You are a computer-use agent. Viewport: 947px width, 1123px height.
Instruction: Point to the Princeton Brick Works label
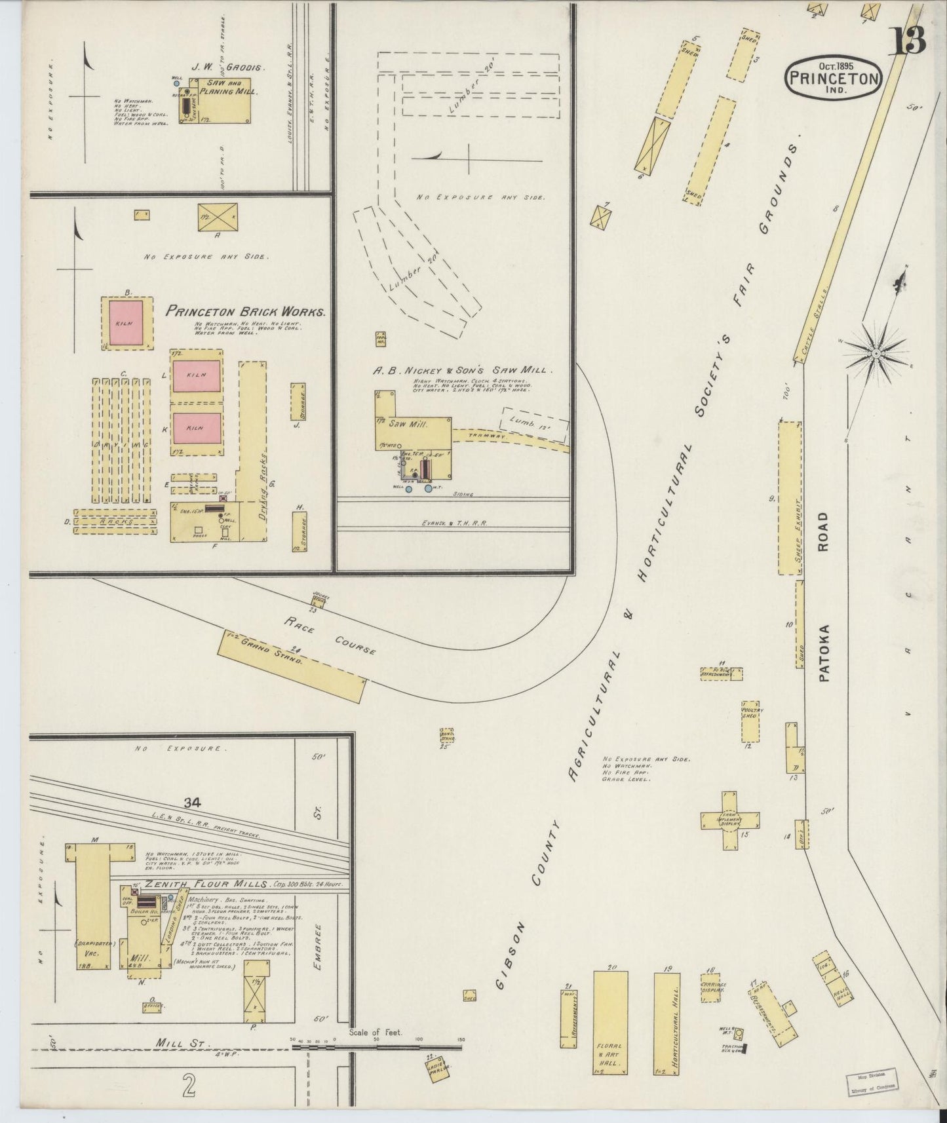click(245, 313)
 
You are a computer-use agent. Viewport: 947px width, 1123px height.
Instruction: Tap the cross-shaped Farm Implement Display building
click(730, 820)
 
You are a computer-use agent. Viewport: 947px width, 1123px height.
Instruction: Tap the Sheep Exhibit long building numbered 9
click(790, 498)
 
